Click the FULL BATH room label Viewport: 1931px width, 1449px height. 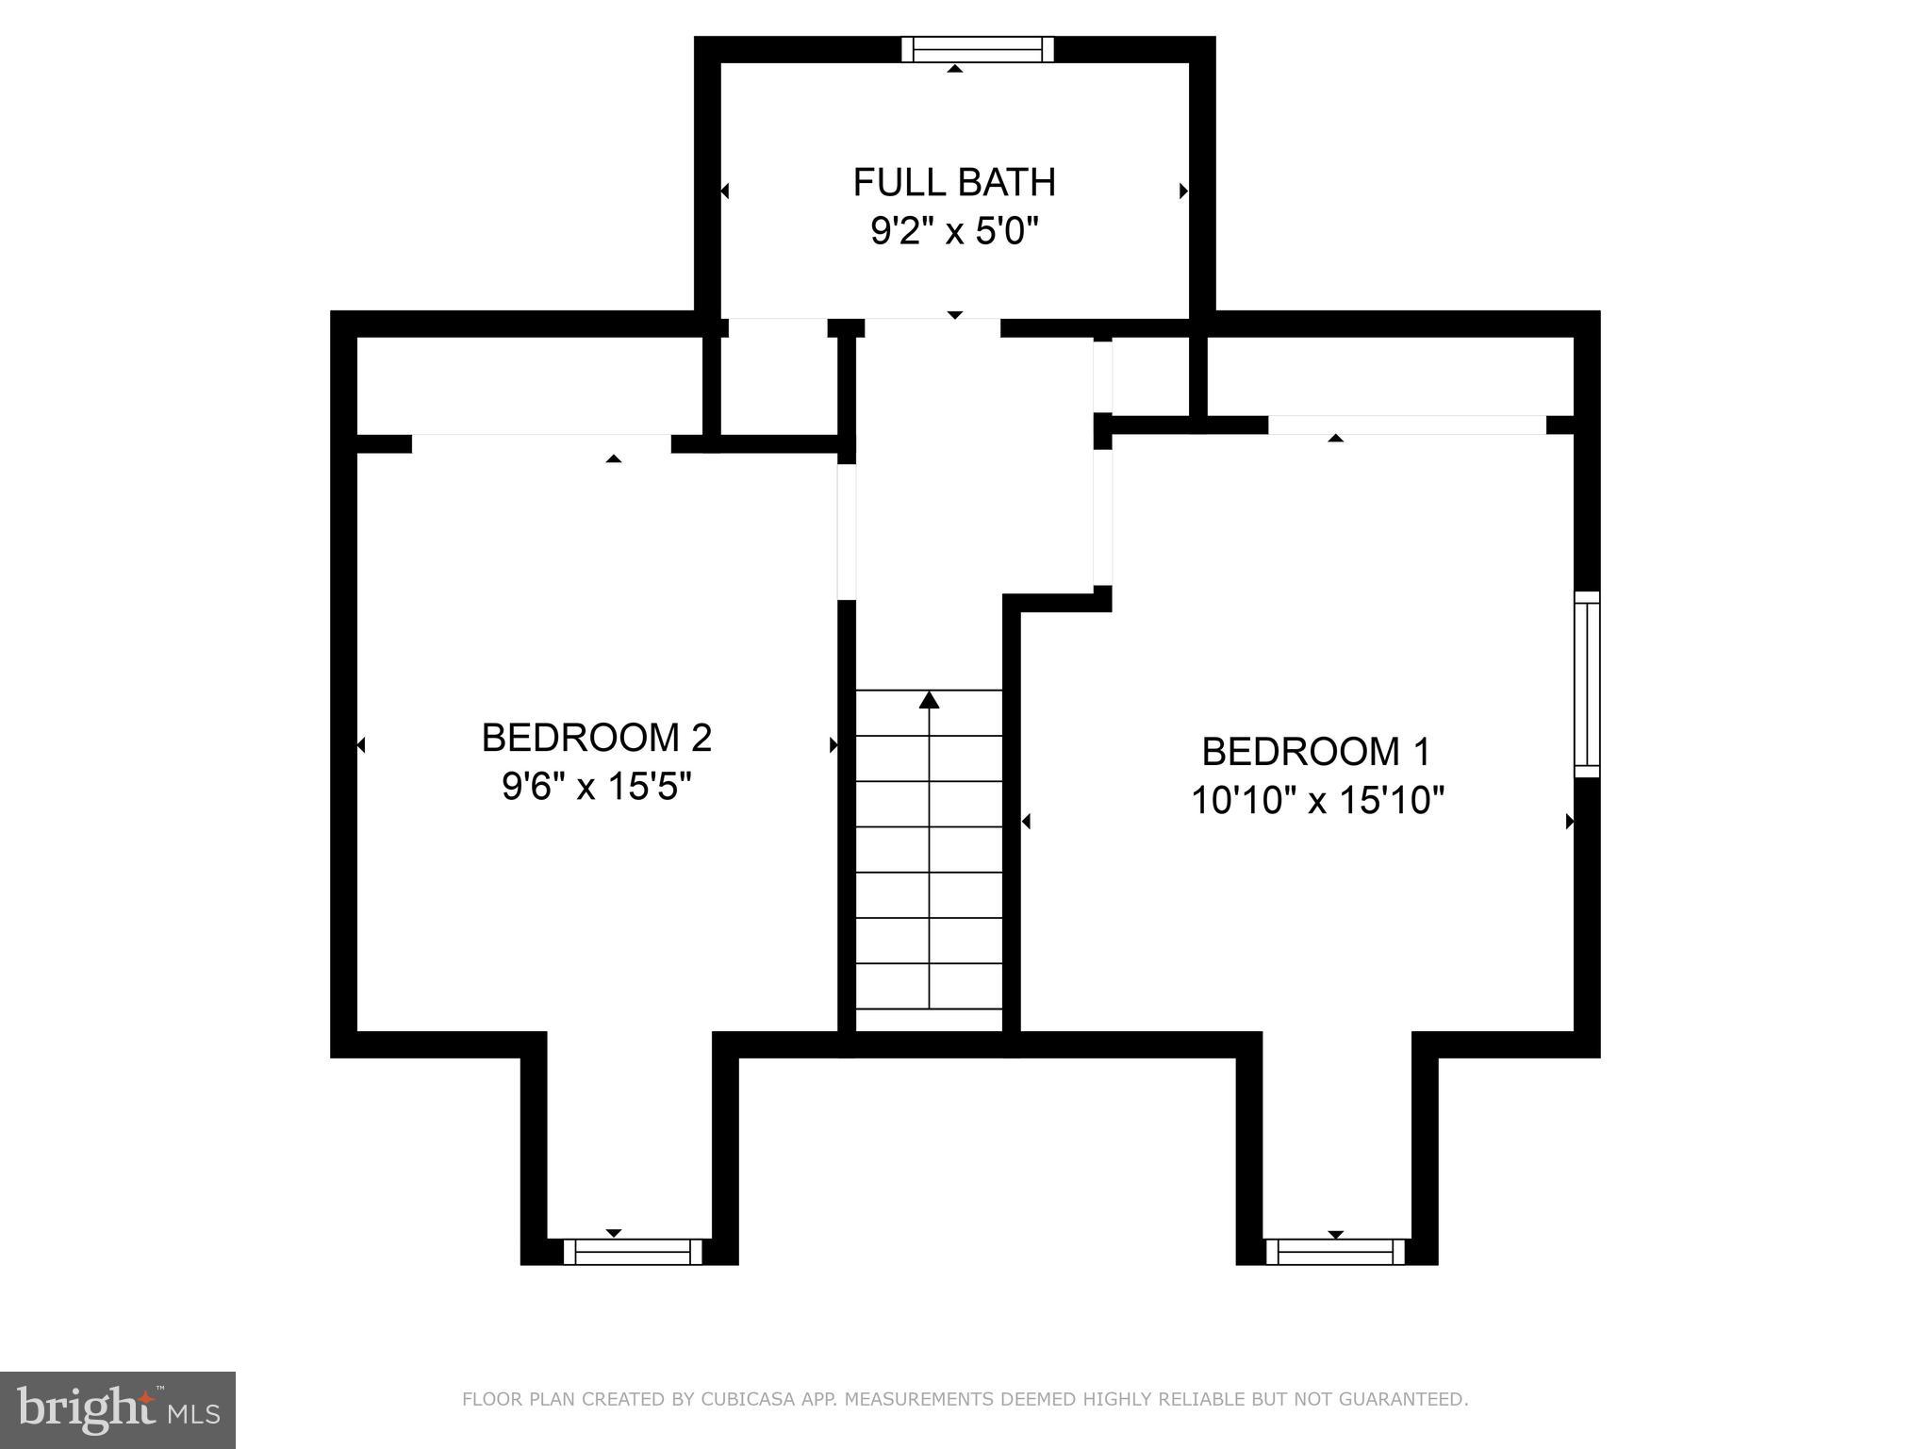click(954, 182)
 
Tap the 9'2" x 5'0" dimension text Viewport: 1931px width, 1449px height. click(954, 231)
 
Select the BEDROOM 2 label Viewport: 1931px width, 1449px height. click(596, 738)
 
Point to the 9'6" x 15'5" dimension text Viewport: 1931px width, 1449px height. click(596, 786)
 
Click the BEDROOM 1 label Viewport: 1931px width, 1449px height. click(1316, 752)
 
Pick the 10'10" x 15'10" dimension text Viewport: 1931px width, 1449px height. click(1317, 801)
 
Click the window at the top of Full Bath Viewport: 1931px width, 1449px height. click(977, 49)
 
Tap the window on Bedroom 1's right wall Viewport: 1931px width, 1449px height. click(1588, 684)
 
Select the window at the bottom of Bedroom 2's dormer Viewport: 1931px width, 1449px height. click(633, 1252)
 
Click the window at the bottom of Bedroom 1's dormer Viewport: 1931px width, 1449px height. click(1335, 1252)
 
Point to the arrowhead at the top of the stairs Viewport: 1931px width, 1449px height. click(930, 699)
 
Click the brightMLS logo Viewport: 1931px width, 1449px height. click(118, 1410)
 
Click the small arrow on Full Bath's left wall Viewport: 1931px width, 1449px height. click(724, 192)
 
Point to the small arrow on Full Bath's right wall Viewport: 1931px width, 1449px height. click(1183, 192)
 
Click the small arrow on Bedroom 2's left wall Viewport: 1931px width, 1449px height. click(360, 745)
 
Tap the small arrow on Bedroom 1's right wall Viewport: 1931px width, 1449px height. click(1570, 822)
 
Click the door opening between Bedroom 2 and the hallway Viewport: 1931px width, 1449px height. click(847, 531)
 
